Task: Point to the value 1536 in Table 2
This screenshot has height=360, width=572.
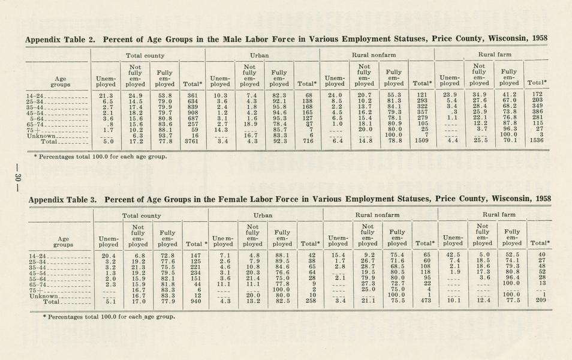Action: click(537, 142)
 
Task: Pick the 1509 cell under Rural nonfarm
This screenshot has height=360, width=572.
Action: click(422, 142)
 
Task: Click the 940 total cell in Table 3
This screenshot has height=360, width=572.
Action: click(195, 302)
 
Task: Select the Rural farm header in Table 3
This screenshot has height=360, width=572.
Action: click(498, 214)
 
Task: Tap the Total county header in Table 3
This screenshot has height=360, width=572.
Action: click(142, 215)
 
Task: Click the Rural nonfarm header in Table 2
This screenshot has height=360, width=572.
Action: click(376, 55)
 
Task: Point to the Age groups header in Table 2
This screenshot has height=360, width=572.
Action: click(61, 82)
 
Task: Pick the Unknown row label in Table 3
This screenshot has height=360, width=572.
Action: click(44, 296)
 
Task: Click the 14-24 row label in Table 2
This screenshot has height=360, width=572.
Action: click(35, 96)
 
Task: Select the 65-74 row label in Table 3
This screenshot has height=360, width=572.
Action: click(38, 284)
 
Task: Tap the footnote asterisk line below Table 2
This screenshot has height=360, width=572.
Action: click(100, 157)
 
